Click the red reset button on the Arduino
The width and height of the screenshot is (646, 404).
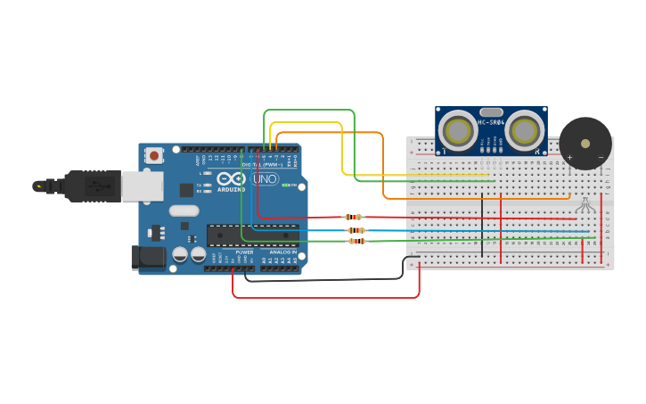click(154, 155)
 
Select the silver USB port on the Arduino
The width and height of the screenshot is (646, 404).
click(142, 186)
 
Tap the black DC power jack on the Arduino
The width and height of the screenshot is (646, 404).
click(147, 257)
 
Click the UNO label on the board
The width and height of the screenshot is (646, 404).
click(265, 180)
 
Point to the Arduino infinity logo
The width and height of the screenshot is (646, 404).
click(231, 178)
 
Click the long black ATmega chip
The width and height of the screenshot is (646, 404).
click(252, 235)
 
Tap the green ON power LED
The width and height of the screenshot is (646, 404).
click(301, 186)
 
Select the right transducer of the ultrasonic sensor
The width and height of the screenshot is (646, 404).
click(524, 131)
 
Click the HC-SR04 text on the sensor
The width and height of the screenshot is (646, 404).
click(491, 122)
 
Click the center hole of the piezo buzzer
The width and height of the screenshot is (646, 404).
click(585, 143)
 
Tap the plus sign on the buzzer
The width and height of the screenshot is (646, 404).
click(569, 158)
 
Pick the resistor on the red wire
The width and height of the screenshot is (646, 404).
click(354, 217)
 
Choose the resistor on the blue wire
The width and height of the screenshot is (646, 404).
click(356, 230)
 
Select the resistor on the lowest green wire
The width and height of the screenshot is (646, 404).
click(356, 241)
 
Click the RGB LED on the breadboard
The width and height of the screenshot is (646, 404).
click(585, 205)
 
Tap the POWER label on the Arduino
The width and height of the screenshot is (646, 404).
click(244, 252)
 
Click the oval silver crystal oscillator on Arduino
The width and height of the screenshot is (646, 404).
click(184, 211)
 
